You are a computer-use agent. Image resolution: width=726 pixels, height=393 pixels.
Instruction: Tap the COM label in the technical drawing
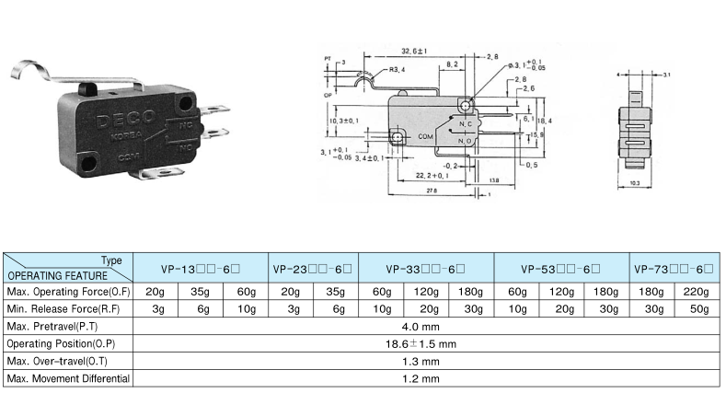[x=426, y=136]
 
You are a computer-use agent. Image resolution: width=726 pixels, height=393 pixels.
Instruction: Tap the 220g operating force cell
[x=697, y=292]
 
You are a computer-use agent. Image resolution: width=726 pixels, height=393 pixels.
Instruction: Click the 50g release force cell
[x=697, y=308]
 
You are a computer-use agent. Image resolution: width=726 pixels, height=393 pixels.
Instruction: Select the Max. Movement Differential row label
[x=68, y=378]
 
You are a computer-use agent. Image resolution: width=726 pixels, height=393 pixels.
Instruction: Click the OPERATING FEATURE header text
[x=57, y=275]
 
